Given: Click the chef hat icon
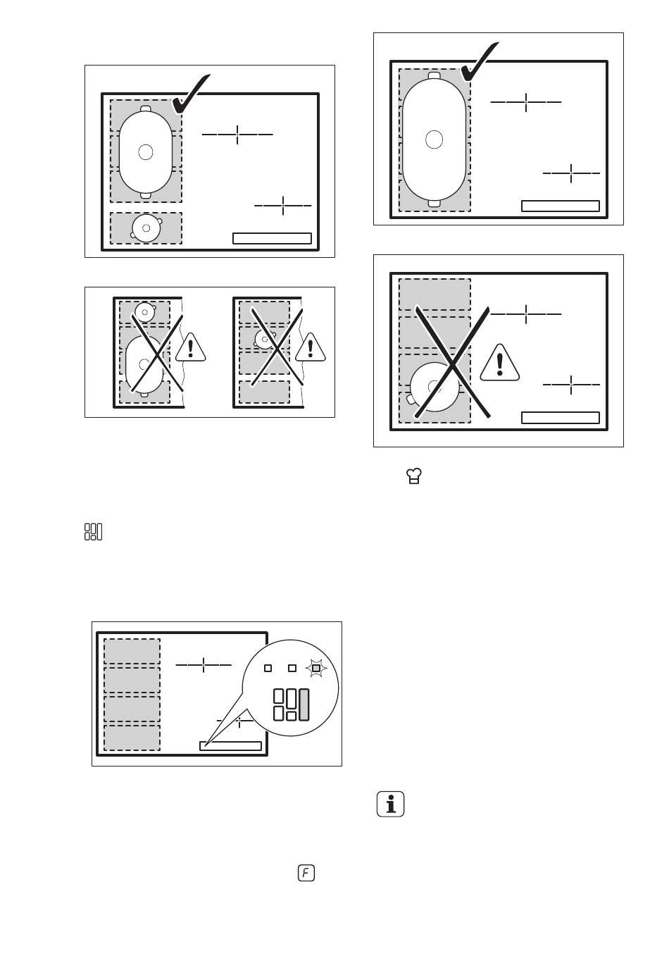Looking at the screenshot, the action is [x=414, y=476].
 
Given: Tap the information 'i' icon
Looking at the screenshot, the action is [x=390, y=804].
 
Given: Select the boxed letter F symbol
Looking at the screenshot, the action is [x=306, y=873].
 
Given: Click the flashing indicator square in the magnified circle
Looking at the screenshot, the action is [x=316, y=668].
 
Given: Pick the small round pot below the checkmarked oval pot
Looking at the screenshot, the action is [x=146, y=228].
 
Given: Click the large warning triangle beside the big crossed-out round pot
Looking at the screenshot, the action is [x=500, y=363].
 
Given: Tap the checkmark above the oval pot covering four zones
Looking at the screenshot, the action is [x=480, y=61].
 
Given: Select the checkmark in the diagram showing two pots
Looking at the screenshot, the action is [x=190, y=93].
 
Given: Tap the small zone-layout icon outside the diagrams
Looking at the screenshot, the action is [x=93, y=531].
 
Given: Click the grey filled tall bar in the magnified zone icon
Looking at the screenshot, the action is [x=304, y=705].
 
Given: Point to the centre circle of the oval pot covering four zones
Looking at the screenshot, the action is [x=434, y=139].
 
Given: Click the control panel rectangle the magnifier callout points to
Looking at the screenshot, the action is [x=230, y=746].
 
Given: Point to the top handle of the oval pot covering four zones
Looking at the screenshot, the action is [x=434, y=75].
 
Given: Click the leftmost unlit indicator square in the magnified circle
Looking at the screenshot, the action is [x=268, y=668].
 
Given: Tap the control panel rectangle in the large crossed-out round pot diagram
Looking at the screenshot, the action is [x=560, y=418].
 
